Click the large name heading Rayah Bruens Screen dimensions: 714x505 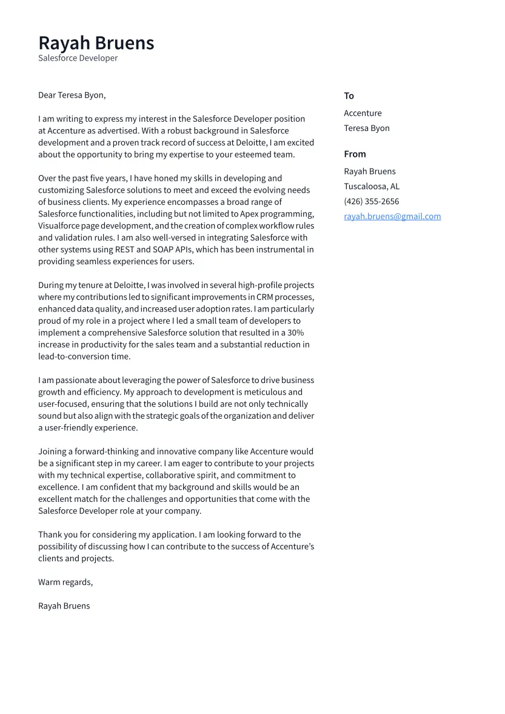point(96,43)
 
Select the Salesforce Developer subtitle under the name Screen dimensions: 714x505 point(78,58)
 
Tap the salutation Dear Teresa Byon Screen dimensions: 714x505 point(72,95)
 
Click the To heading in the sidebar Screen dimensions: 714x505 point(349,96)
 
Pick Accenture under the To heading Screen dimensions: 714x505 point(363,113)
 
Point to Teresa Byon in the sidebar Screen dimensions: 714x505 point(366,128)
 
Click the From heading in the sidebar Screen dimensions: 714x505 point(355,154)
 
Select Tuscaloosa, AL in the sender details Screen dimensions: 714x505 point(371,187)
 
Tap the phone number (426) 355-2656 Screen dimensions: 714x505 point(371,202)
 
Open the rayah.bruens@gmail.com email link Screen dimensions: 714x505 point(392,216)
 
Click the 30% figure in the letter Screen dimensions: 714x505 point(295,333)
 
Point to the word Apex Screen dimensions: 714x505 point(249,214)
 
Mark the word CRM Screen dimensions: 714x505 point(264,297)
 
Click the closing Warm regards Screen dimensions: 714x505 point(65,582)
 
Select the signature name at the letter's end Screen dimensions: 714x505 point(64,606)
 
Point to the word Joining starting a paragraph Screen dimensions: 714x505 point(52,452)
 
